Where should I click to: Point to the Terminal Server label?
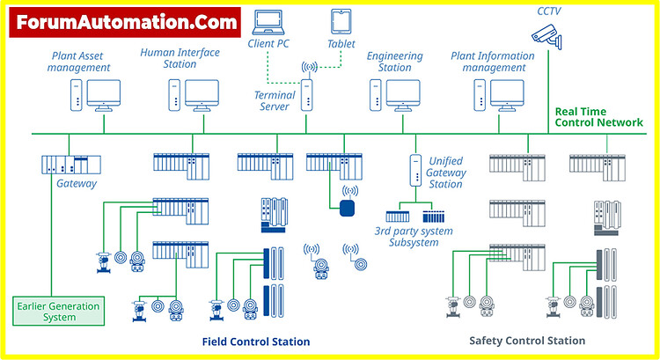[275, 100]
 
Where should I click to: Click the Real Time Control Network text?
[598, 117]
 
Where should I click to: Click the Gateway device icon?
[71, 165]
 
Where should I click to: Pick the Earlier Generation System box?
[58, 311]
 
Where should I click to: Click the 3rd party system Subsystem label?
[414, 236]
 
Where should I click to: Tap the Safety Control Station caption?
[527, 341]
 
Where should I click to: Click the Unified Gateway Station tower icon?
[415, 170]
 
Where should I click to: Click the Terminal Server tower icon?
[307, 95]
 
